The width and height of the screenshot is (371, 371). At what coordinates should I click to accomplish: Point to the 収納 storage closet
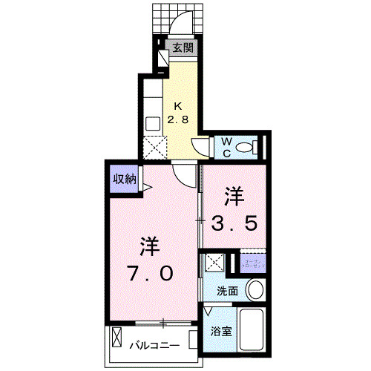[x=125, y=179]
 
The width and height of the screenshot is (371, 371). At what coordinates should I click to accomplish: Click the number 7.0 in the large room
[x=151, y=273]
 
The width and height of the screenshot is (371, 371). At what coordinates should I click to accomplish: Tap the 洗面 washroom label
[x=228, y=291]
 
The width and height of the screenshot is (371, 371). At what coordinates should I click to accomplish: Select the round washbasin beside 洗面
[x=255, y=289]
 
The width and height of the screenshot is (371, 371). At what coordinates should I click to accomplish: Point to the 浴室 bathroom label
[x=222, y=332]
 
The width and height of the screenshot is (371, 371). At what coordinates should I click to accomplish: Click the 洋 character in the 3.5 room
[x=236, y=197]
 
